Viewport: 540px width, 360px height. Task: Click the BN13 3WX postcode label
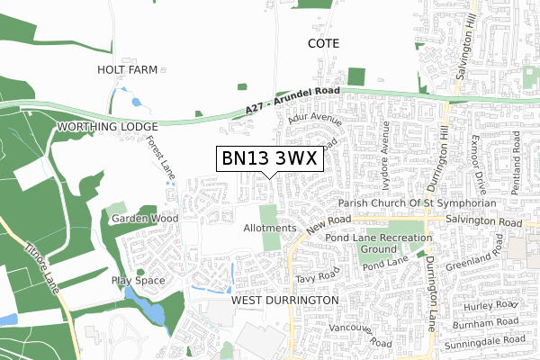[269, 158]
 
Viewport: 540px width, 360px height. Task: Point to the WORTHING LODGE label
[107, 127]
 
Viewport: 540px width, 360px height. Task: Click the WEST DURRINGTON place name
[284, 299]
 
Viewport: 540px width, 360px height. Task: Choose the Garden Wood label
[144, 219]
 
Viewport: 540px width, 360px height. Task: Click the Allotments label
[269, 229]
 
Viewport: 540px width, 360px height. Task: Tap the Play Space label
[139, 281]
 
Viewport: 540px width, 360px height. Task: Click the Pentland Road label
[517, 154]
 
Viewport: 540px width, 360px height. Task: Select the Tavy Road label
[320, 274]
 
